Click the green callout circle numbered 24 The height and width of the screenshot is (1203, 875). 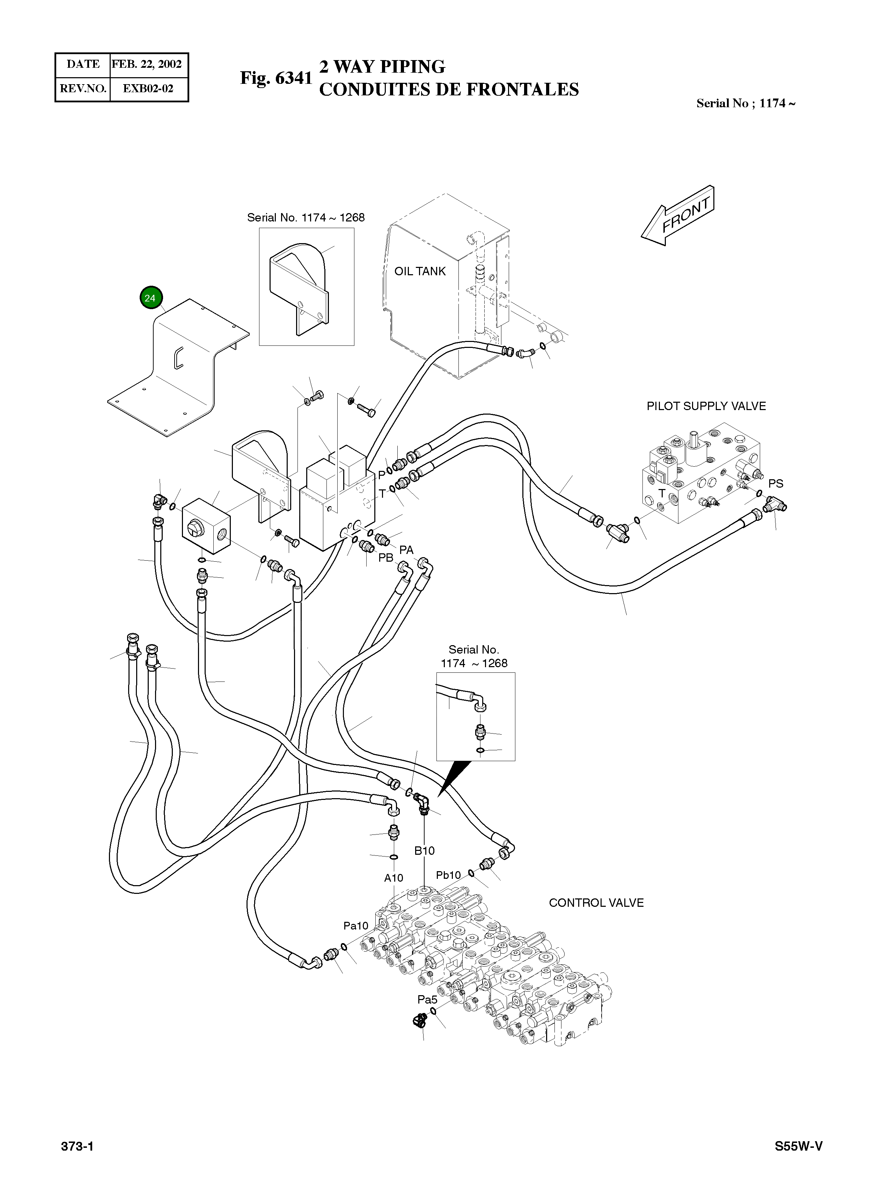click(150, 298)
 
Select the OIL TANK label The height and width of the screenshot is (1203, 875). click(420, 271)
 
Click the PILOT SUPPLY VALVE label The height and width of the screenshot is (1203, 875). click(706, 406)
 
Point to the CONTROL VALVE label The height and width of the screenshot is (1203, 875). click(596, 903)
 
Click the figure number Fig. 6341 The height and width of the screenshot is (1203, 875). click(276, 78)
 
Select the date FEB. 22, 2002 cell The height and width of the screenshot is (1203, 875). click(147, 64)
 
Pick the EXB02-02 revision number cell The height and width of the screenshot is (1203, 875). click(148, 89)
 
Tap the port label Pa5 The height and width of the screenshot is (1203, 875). click(427, 1000)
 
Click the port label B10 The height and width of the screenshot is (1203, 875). click(424, 851)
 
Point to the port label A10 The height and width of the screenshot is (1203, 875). click(394, 878)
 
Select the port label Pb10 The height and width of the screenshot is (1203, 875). click(448, 875)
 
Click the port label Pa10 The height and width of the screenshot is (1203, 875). click(355, 926)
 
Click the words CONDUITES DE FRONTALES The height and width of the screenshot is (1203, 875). click(449, 90)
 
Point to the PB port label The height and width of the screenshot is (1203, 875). click(385, 558)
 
